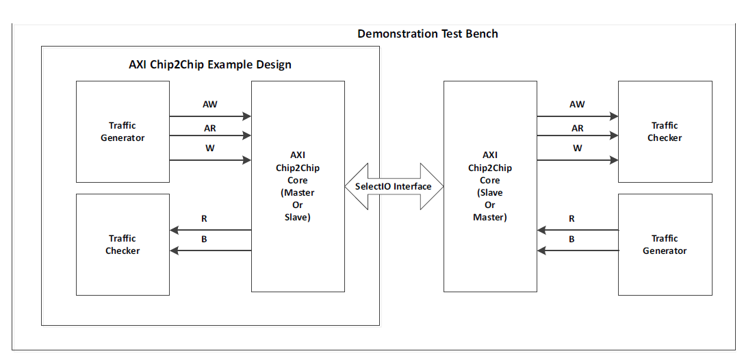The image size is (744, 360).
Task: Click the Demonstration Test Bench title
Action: pos(428,34)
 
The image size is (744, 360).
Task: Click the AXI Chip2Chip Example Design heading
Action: pos(210,65)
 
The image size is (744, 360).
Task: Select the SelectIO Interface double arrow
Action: pos(394,186)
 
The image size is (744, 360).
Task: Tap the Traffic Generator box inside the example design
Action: pos(123,131)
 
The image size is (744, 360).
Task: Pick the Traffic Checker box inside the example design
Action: pos(123,244)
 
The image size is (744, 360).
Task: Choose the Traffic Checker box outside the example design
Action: pos(665,131)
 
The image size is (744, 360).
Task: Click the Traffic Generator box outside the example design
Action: pos(665,244)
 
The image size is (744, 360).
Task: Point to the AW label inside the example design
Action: pos(210,105)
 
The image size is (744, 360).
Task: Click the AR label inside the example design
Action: pos(210,128)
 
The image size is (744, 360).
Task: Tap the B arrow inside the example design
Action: pos(210,251)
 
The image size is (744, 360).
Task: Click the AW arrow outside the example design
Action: pos(578,116)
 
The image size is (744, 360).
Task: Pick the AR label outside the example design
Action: pos(578,128)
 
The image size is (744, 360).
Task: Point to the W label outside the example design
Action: pos(578,148)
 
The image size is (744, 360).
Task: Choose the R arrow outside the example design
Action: pos(578,231)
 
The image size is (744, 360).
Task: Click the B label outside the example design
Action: pos(572,240)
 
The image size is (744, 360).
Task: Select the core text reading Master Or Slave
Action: pos(298,205)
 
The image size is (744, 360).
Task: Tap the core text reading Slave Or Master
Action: pos(489,205)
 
